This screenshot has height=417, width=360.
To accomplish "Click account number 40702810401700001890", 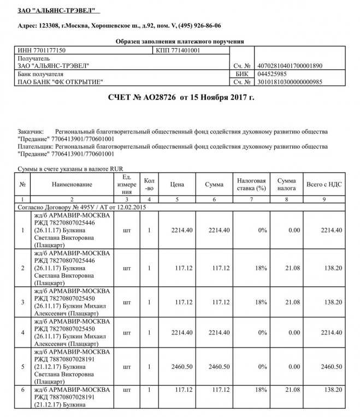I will [285, 66].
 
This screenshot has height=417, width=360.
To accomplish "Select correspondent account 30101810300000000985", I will [285, 82].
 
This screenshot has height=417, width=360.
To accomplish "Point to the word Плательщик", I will [36, 146].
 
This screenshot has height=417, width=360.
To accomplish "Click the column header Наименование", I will [72, 185].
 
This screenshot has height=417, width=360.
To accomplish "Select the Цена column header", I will [176, 185].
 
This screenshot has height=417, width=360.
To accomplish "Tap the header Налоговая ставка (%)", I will [251, 185].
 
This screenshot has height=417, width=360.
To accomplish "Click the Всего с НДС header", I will [324, 185].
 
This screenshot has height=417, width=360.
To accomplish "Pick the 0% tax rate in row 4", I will [262, 332].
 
